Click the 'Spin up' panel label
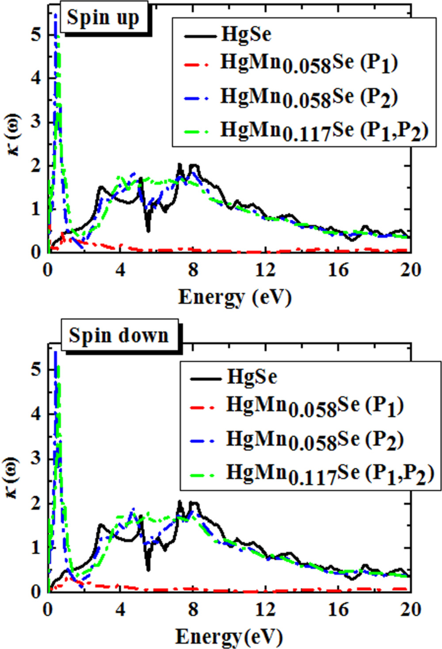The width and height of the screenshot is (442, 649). (103, 18)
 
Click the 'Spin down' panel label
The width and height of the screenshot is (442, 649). (118, 335)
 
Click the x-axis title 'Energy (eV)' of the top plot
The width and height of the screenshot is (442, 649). (235, 297)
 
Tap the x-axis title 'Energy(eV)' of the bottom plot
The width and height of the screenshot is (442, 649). (229, 637)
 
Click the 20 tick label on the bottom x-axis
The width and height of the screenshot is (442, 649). (410, 610)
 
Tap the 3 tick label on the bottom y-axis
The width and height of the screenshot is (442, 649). (36, 458)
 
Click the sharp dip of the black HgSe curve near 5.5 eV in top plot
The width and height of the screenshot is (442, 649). (148, 230)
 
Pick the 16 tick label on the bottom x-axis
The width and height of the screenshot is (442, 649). (338, 610)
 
